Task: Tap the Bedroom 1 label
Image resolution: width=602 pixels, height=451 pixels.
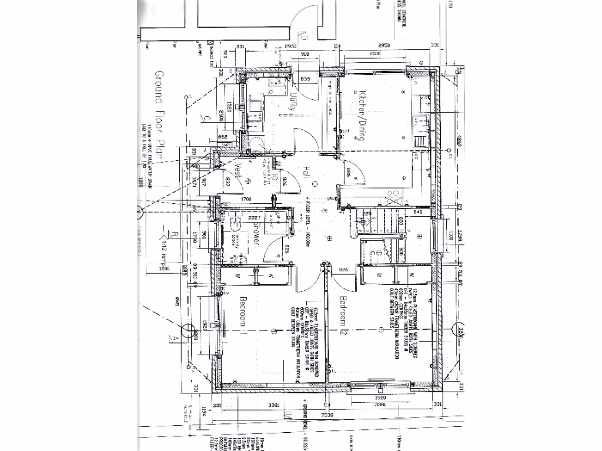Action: pos(243,317)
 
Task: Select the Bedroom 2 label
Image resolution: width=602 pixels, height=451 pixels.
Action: pos(346,317)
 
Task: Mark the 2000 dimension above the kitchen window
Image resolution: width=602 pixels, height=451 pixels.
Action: pos(375,54)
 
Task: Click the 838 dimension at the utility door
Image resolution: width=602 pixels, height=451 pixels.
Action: pos(305,78)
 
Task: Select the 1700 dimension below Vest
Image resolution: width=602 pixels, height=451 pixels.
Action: pos(247,199)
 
